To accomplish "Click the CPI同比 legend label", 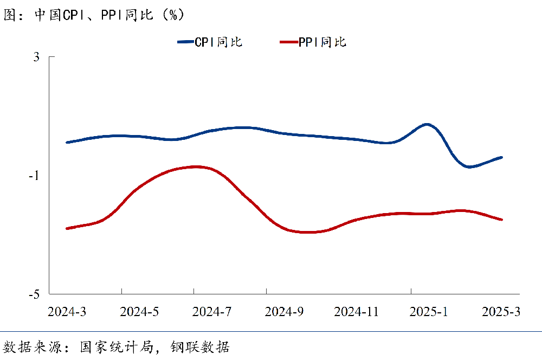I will [x=219, y=42].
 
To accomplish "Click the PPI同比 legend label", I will [x=322, y=42].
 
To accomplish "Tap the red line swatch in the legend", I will [x=288, y=42].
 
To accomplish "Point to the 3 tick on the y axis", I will [x=36, y=57].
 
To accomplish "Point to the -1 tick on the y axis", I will [x=35, y=176].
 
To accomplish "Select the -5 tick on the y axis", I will [x=35, y=294].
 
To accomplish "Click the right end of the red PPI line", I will [x=502, y=220].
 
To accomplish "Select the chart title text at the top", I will [x=95, y=15].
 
